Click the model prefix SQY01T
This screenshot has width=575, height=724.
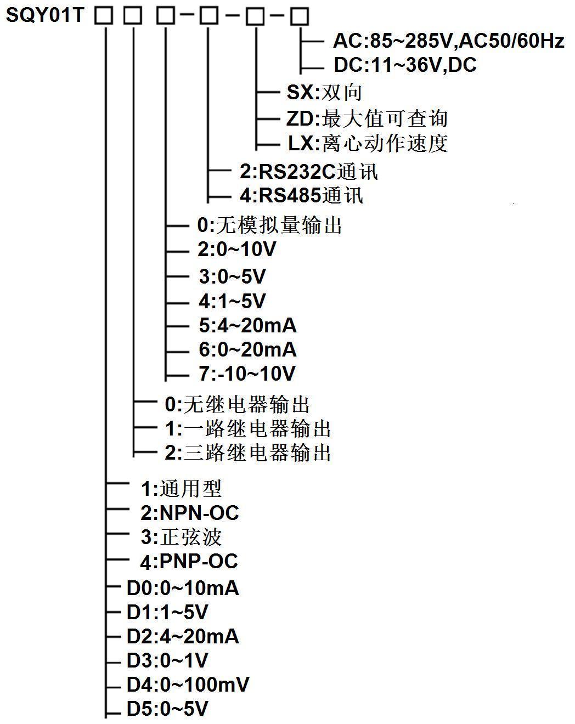click(x=44, y=15)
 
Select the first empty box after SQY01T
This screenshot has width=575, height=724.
click(x=104, y=16)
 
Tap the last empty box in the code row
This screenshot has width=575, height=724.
click(x=300, y=16)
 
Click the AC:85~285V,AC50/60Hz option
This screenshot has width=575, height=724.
click(x=448, y=41)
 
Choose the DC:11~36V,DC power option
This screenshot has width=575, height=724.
click(x=405, y=65)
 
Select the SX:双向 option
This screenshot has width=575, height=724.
click(x=324, y=92)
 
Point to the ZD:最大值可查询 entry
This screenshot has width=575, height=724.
click(x=367, y=118)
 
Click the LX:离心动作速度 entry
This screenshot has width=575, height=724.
click(x=368, y=143)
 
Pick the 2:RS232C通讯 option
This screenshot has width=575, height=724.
click(x=309, y=172)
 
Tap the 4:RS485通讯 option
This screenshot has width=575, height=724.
click(x=301, y=195)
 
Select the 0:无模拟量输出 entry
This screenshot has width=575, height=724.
click(x=269, y=225)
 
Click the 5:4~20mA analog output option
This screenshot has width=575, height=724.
click(x=247, y=325)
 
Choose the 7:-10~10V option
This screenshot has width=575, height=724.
click(x=247, y=374)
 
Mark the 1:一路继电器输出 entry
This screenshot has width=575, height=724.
click(x=248, y=428)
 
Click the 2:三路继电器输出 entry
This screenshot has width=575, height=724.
click(x=248, y=452)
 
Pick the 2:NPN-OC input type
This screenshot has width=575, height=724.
click(x=190, y=513)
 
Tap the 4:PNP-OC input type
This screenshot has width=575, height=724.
click(x=189, y=561)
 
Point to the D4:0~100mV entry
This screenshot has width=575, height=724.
click(x=188, y=685)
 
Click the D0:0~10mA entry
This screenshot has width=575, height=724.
click(x=183, y=589)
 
